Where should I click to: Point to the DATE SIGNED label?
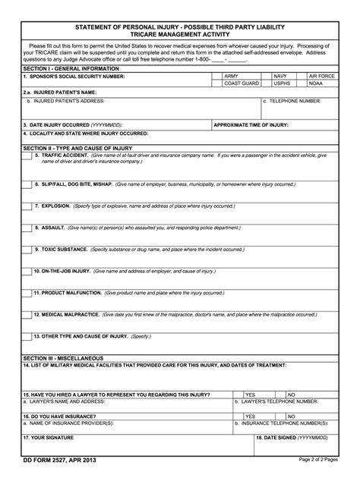(292, 438)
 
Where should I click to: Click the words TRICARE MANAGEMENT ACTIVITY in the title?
(179, 35)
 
